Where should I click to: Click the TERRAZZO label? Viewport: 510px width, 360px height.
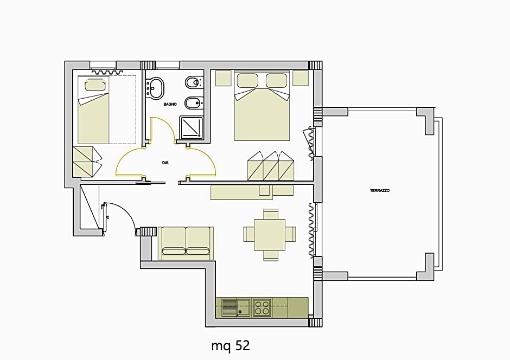(380, 191)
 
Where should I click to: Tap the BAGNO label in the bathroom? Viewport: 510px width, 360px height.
(171, 104)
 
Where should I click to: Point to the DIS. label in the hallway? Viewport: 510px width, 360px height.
(165, 163)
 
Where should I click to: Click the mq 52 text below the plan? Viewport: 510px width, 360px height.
(231, 345)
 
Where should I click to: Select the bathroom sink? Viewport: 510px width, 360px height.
(156, 87)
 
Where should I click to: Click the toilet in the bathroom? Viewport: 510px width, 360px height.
(193, 83)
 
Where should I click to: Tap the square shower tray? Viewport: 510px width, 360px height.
(192, 127)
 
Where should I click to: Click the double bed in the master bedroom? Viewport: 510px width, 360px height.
(262, 111)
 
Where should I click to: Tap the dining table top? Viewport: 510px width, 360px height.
(270, 234)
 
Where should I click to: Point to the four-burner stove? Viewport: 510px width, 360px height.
(262, 307)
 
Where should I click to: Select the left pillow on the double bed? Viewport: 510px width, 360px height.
(247, 80)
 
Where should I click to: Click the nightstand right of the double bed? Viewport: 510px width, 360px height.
(301, 78)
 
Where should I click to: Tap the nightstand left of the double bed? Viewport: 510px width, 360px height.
(223, 78)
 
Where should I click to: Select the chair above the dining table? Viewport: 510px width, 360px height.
(270, 214)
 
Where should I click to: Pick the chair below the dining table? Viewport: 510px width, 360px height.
(270, 254)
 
